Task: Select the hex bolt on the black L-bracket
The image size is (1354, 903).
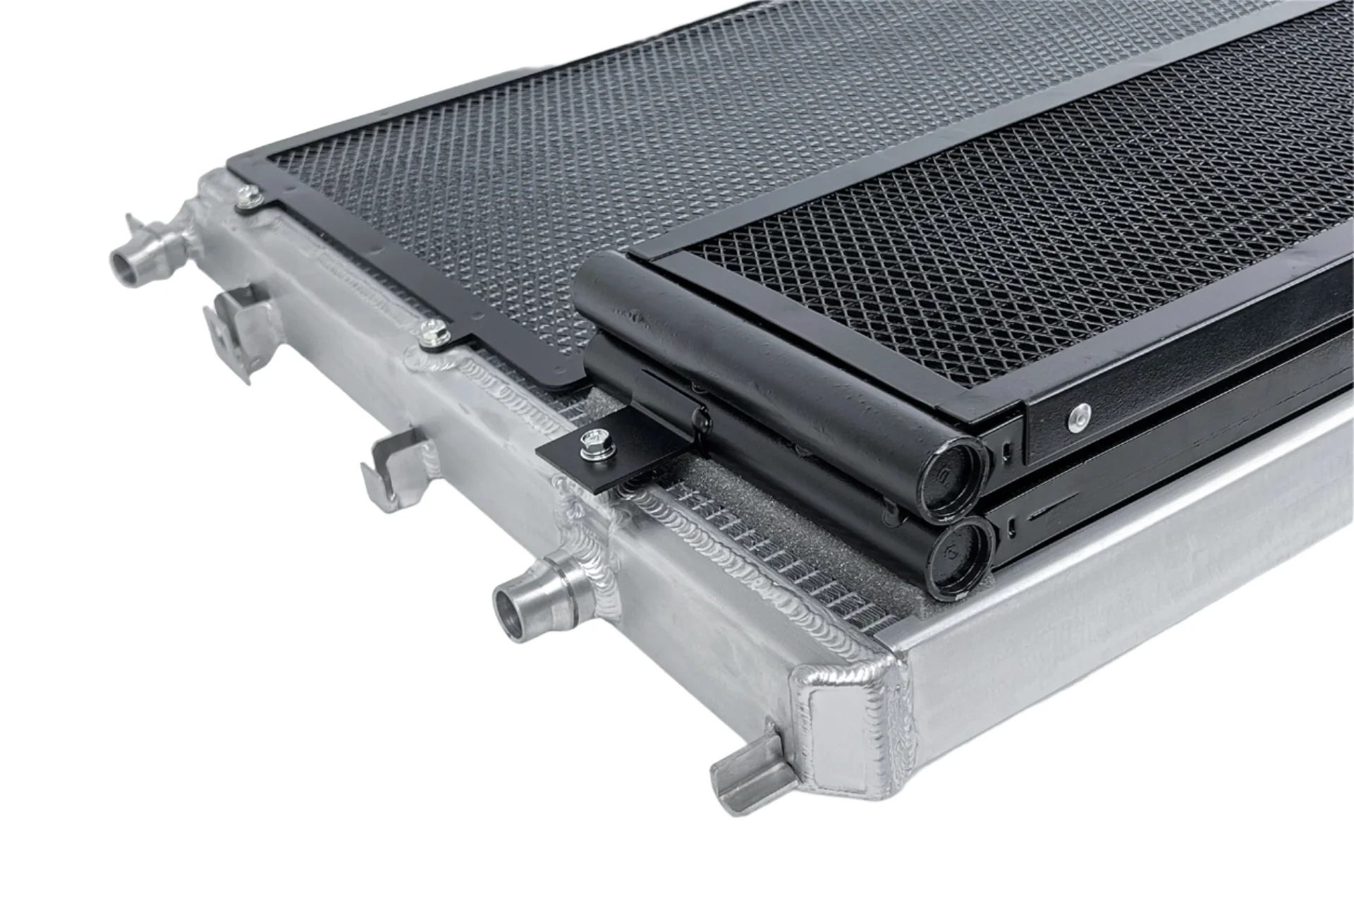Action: pyautogui.click(x=589, y=444)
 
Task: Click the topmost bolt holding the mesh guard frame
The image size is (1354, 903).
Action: pyautogui.click(x=248, y=197)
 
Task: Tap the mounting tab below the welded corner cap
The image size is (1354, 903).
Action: pyautogui.click(x=748, y=769)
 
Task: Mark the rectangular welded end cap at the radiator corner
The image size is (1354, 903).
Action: pyautogui.click(x=839, y=734)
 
